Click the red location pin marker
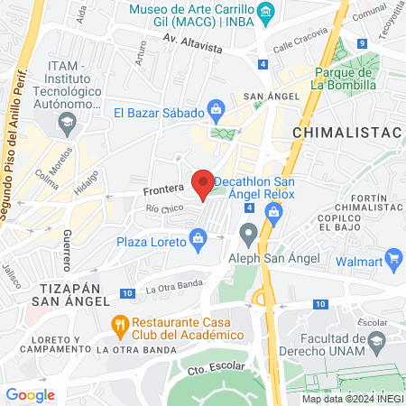[204, 183]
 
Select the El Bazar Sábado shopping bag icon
[216, 113]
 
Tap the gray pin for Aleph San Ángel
[249, 235]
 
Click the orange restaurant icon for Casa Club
[119, 322]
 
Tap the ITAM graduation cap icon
[67, 121]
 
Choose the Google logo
[30, 394]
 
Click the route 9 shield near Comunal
[361, 42]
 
